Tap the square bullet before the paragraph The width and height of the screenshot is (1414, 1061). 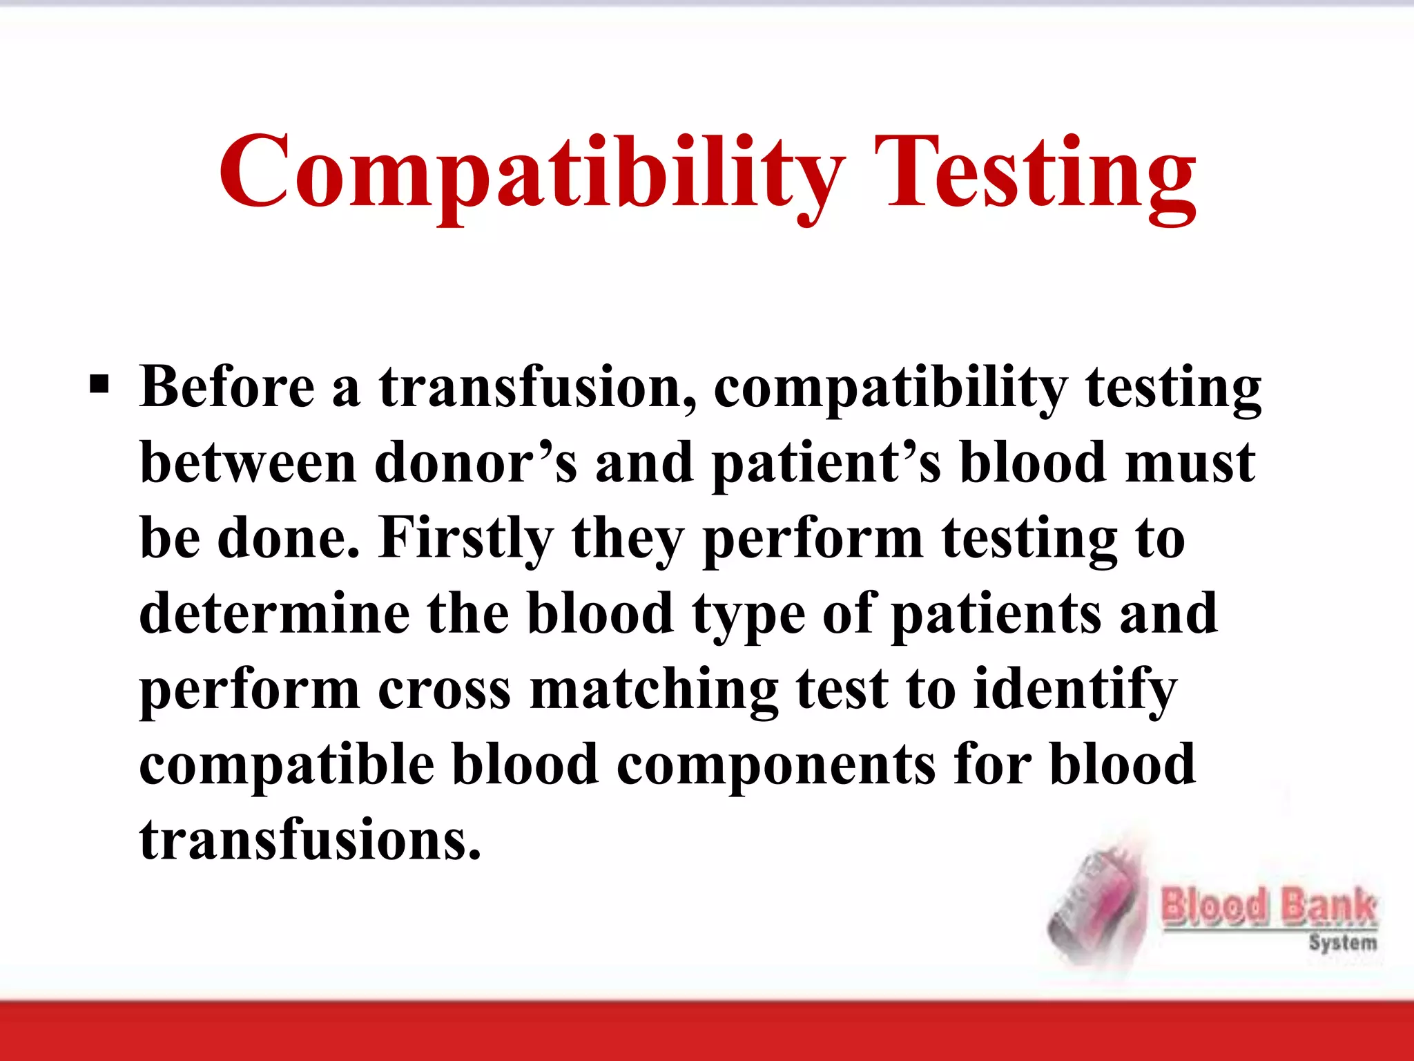pos(99,384)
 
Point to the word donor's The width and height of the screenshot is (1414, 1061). pos(476,463)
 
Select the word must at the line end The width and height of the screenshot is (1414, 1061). pos(1190,463)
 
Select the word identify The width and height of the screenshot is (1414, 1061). pos(1074,691)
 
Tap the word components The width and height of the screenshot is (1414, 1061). pos(776,767)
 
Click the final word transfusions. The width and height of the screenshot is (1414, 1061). pos(310,840)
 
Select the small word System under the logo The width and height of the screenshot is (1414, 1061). pos(1342,942)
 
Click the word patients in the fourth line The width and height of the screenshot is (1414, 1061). pos(996,615)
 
